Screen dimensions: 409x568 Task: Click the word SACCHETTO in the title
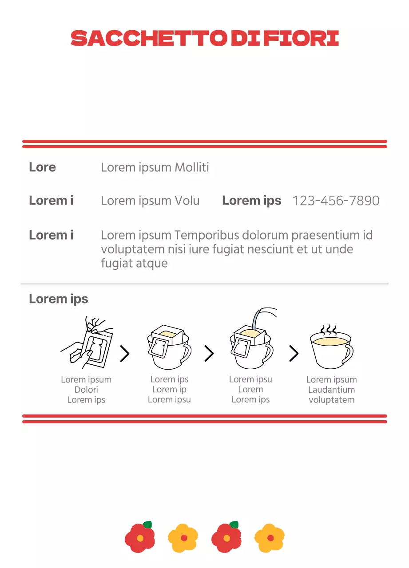[149, 38]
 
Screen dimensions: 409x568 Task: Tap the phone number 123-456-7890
[336, 201]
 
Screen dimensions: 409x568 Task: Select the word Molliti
[192, 167]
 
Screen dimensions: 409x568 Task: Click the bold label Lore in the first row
[42, 167]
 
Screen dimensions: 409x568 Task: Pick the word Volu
[187, 201]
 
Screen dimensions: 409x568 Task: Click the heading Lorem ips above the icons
[59, 299]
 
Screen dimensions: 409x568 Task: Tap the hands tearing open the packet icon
[87, 342]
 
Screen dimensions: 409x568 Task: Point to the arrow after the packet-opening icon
[125, 353]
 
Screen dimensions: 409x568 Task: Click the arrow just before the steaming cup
[294, 353]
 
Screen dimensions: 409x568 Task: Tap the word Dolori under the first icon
[86, 390]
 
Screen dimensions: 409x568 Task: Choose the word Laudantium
[332, 390]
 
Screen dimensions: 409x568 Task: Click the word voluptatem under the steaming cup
[332, 400]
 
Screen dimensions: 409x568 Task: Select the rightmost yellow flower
[270, 538]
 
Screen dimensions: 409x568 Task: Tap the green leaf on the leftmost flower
[147, 525]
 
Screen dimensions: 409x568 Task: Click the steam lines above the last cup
[329, 329]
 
